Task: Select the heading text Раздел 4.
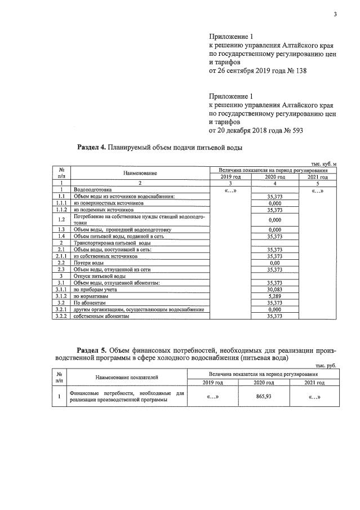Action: pyautogui.click(x=91, y=147)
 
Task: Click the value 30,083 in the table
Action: pyautogui.click(x=275, y=289)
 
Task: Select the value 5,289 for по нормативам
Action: pyautogui.click(x=275, y=296)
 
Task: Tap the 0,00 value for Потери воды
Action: pyautogui.click(x=275, y=263)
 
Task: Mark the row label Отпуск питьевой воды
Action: pyautogui.click(x=96, y=276)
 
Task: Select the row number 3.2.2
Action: pyautogui.click(x=61, y=316)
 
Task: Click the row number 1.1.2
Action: pyautogui.click(x=61, y=210)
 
